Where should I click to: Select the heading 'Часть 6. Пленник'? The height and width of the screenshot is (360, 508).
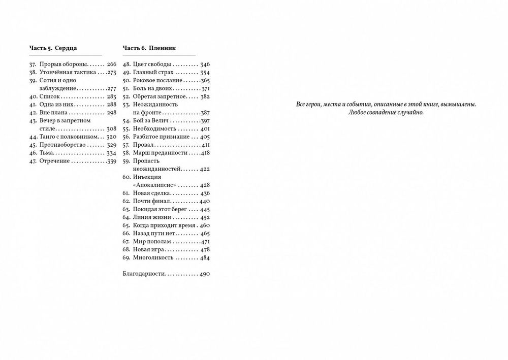[x=149, y=48]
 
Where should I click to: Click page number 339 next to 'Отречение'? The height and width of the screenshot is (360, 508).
[x=112, y=161]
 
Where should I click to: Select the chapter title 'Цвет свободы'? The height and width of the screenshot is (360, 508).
[x=151, y=64]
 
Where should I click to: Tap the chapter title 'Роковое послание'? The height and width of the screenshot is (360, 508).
[x=157, y=81]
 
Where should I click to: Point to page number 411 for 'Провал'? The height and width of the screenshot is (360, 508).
[x=205, y=145]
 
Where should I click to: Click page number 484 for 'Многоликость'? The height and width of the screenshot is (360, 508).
[x=205, y=258]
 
